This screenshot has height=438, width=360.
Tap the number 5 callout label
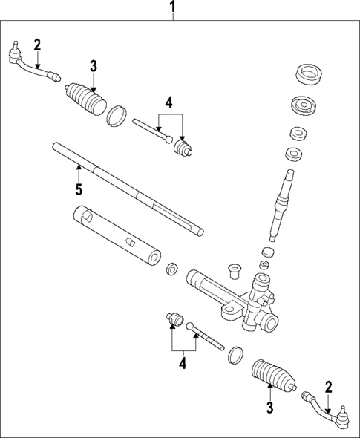coord(78,190)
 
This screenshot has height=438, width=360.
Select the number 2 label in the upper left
coord(37,45)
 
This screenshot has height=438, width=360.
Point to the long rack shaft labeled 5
coord(126,189)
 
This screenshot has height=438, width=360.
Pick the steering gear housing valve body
coord(260,304)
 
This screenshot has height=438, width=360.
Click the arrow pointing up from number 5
coord(78,173)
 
